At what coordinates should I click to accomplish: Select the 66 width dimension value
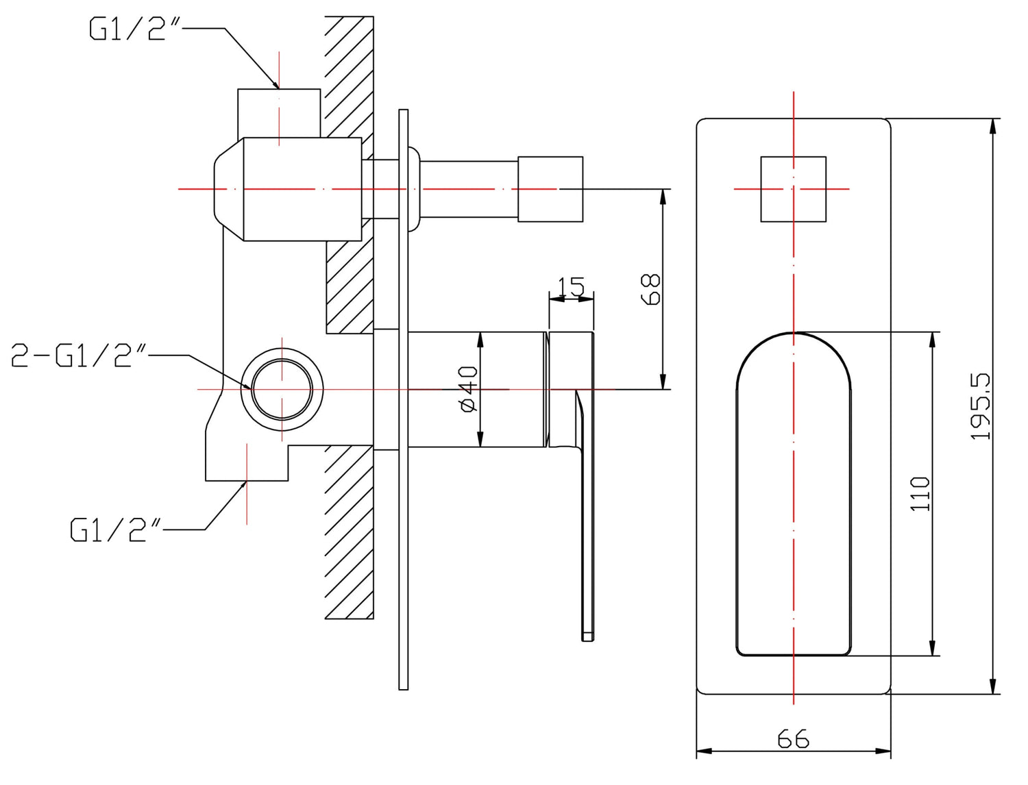(x=793, y=738)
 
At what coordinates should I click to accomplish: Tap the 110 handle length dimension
(x=920, y=493)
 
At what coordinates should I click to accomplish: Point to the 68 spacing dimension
(x=651, y=288)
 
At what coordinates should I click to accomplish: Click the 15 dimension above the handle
(x=571, y=286)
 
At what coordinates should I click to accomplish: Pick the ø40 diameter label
(x=469, y=389)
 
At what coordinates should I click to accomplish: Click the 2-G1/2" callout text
(x=79, y=356)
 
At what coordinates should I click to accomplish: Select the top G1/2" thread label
(x=128, y=29)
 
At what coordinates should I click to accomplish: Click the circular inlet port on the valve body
(x=282, y=389)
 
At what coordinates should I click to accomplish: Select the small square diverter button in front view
(x=793, y=189)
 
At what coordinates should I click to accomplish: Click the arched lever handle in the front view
(x=793, y=493)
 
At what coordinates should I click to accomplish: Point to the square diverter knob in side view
(x=550, y=189)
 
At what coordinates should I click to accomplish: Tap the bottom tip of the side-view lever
(x=587, y=636)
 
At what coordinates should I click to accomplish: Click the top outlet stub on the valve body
(x=279, y=113)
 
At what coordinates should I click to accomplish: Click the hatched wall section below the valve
(x=350, y=532)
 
